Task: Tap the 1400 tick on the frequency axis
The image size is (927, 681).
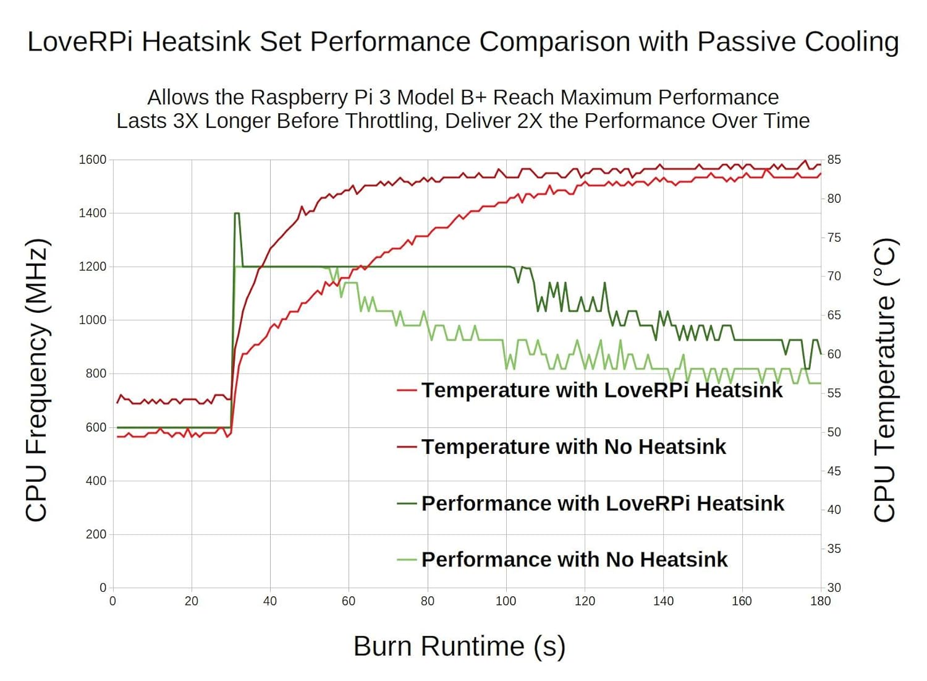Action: tap(93, 213)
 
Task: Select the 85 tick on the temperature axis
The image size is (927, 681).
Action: tap(834, 160)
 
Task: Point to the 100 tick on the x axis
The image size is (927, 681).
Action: tap(506, 601)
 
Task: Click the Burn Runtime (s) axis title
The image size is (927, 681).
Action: tap(459, 646)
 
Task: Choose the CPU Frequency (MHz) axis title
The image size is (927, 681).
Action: tap(36, 380)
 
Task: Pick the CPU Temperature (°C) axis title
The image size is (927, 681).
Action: tap(884, 380)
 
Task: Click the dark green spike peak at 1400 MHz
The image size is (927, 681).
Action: tap(237, 213)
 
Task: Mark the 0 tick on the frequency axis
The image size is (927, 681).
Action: tap(103, 588)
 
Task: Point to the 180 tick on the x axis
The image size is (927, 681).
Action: tap(820, 601)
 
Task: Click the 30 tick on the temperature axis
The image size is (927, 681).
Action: tap(834, 588)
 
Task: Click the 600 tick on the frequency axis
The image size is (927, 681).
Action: tap(96, 427)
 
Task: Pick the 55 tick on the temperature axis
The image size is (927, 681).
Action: tap(834, 393)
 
